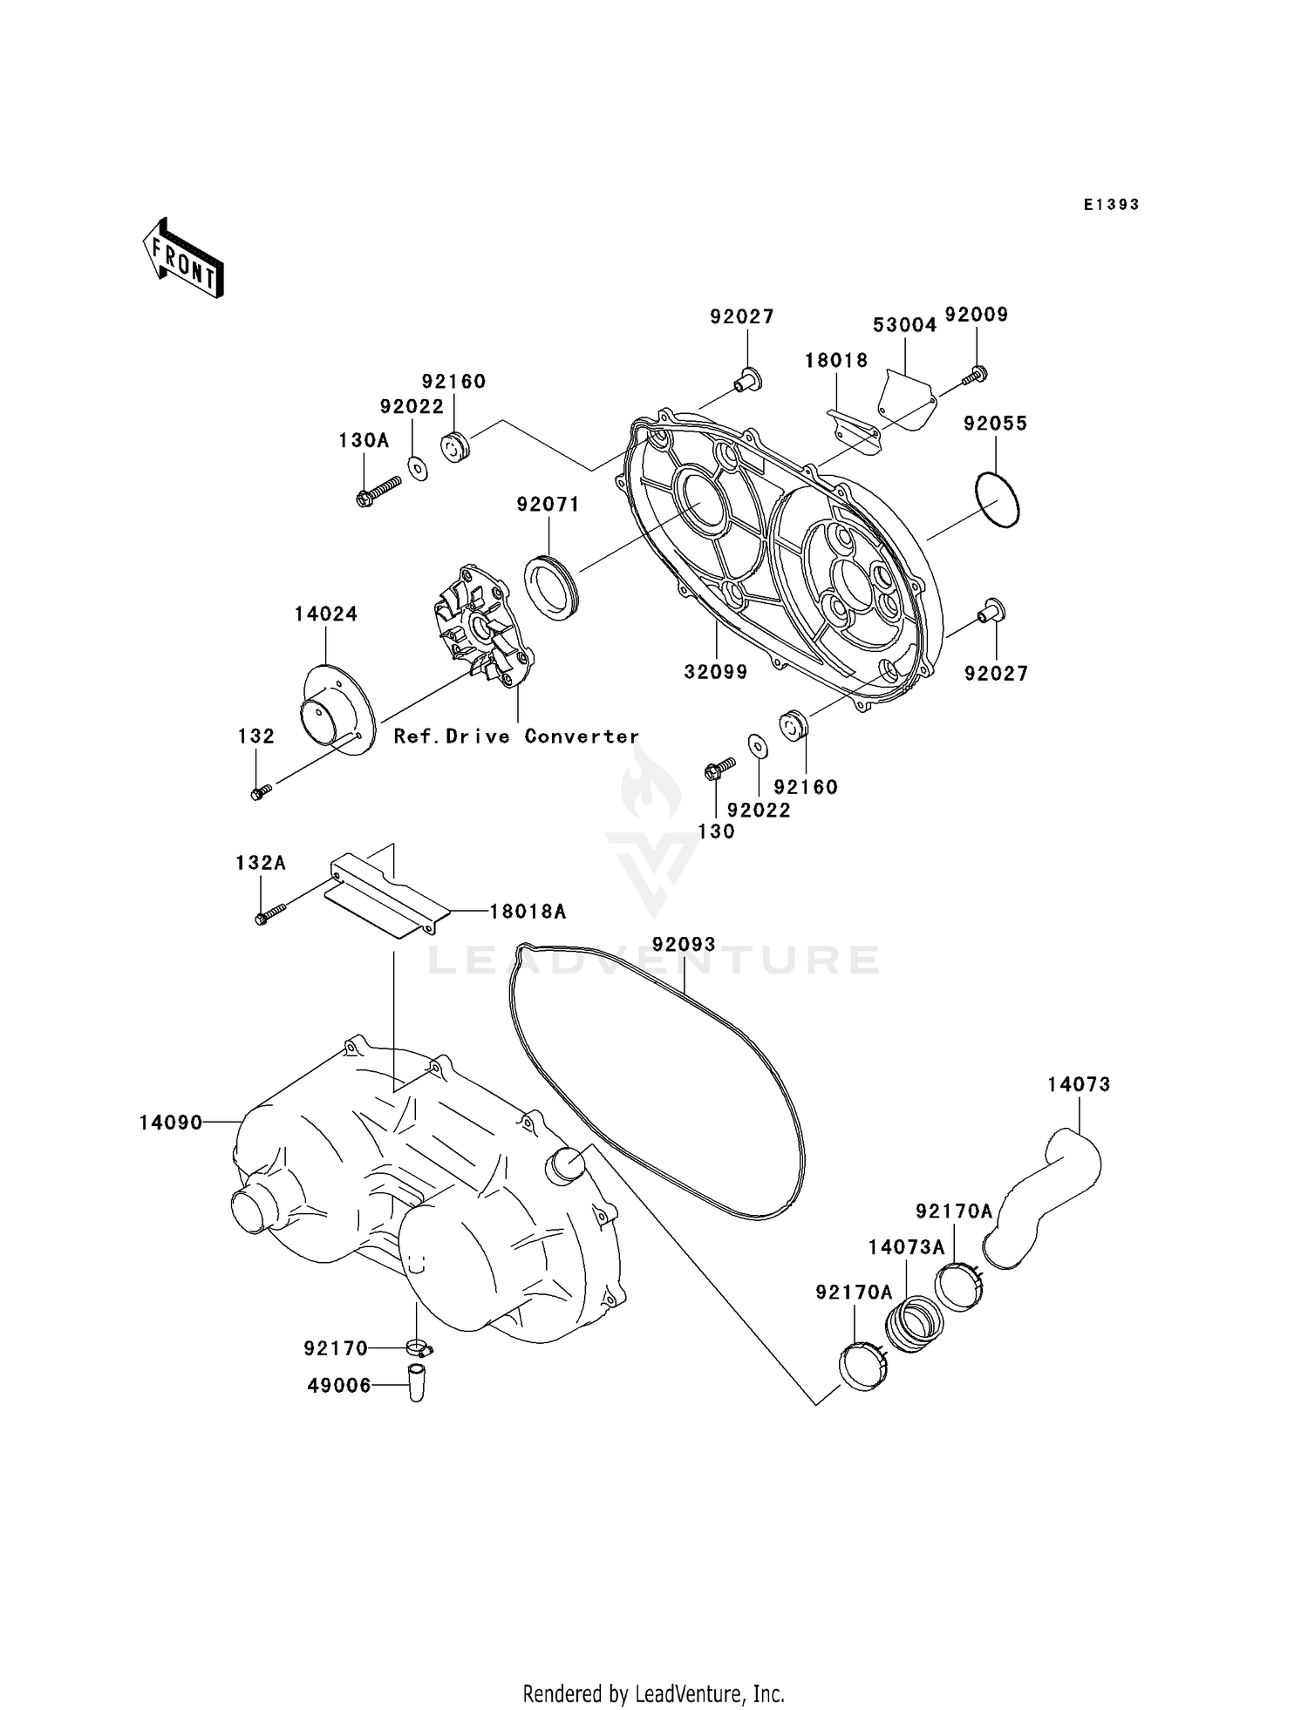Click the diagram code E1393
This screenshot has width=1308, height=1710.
click(1112, 205)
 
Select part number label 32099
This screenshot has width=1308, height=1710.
click(716, 672)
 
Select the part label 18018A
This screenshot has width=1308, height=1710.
click(528, 912)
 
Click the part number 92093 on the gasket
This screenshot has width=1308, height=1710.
click(685, 944)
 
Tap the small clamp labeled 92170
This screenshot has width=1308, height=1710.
click(419, 1349)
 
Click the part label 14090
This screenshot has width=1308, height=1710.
click(171, 1123)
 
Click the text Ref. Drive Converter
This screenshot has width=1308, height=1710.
click(516, 736)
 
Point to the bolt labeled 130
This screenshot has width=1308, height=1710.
click(719, 768)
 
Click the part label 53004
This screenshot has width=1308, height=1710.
click(904, 325)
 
